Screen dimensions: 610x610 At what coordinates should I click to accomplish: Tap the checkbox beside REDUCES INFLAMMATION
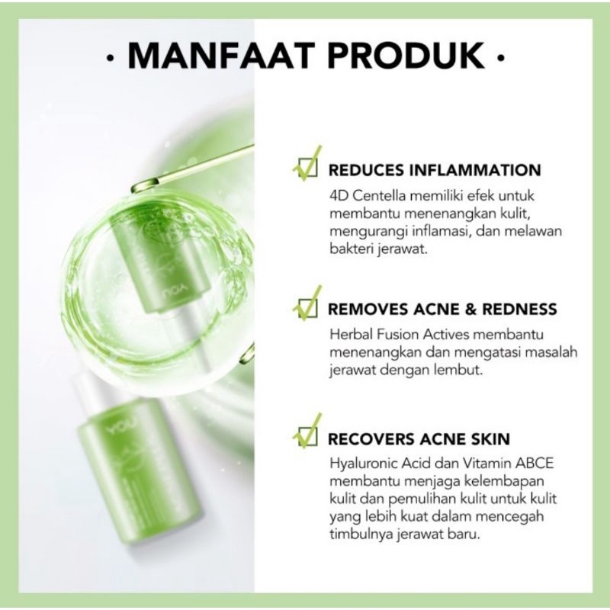coord(306,169)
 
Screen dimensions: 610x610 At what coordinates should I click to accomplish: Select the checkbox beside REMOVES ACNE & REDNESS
coord(306,308)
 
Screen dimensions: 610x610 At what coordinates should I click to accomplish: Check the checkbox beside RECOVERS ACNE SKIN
coord(306,438)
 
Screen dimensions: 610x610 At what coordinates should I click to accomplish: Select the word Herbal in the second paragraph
coord(349,334)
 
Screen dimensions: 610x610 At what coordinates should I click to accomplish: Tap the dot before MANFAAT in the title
coord(113,59)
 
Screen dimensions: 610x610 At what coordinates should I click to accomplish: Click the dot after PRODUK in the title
coord(499,59)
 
